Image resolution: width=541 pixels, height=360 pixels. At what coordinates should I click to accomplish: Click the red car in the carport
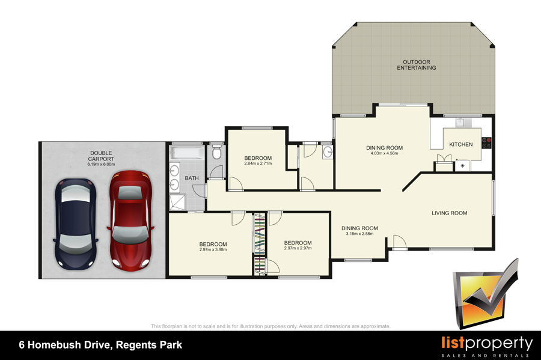130,221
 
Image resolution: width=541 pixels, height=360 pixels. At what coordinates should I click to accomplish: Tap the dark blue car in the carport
76,224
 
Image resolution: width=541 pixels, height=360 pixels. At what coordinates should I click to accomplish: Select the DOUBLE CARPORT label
101,156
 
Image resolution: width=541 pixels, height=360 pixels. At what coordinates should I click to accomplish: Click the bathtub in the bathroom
187,153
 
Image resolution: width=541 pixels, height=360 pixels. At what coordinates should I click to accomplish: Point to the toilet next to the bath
216,151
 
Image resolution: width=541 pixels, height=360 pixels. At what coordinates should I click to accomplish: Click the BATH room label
192,178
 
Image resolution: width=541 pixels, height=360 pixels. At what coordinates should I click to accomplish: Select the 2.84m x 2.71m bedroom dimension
258,163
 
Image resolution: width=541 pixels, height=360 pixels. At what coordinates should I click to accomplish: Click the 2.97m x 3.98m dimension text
213,249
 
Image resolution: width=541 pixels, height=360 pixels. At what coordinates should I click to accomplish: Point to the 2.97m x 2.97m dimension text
298,248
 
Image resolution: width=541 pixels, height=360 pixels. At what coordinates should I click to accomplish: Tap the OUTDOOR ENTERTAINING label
417,65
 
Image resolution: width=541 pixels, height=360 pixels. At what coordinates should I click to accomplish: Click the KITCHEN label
461,144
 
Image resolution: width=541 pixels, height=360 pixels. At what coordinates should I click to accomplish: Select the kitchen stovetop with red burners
486,142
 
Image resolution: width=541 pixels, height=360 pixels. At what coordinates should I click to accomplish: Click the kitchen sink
460,123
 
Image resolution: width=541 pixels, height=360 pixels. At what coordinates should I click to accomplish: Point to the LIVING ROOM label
450,213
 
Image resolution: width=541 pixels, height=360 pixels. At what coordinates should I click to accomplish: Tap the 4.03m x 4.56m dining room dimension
384,153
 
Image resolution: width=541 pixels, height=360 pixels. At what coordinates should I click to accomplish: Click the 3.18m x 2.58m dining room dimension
359,234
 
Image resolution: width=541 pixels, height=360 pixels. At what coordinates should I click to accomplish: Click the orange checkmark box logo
486,293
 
